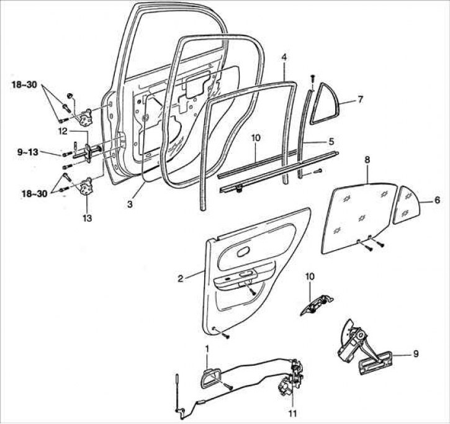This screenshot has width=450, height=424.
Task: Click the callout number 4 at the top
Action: (283, 58)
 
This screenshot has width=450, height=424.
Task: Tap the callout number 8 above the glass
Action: (367, 160)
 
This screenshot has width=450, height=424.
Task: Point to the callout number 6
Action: (437, 201)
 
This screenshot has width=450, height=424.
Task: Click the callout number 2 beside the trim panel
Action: (180, 279)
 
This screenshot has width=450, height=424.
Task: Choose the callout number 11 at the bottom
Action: (292, 412)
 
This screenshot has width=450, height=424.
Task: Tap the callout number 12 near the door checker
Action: (62, 131)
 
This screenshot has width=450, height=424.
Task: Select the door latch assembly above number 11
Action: (289, 385)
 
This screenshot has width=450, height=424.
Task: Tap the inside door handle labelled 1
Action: (208, 377)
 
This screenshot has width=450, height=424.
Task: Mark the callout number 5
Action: (331, 142)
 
